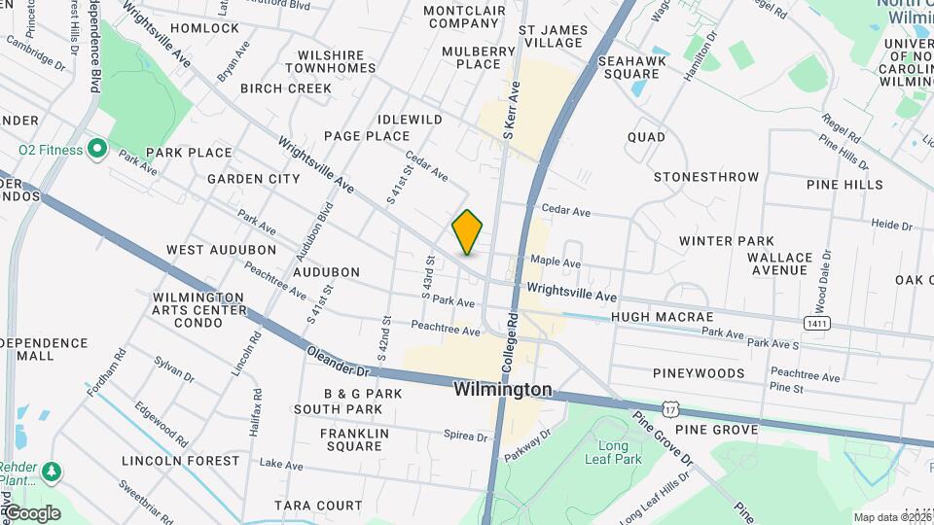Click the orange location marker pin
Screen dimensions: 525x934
[468, 232]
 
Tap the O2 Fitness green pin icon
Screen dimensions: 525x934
[96, 150]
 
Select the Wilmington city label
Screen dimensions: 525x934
[503, 390]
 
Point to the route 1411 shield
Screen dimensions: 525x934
[816, 322]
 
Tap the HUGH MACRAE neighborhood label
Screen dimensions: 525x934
[662, 317]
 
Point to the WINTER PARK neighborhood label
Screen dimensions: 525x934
[726, 241]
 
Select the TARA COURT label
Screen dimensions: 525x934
[318, 506]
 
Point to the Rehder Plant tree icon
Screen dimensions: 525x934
[51, 472]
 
